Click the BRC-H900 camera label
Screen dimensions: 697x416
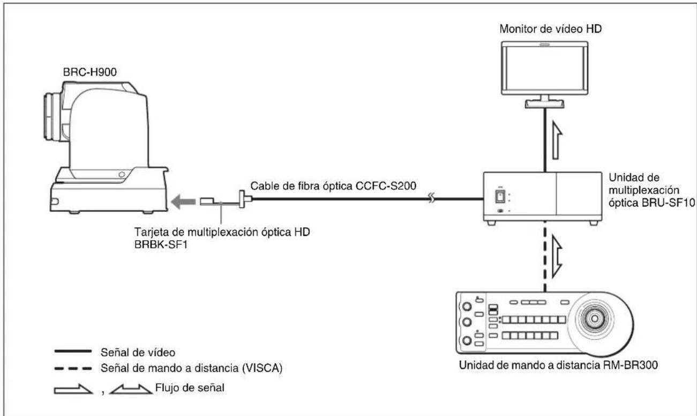coord(89,72)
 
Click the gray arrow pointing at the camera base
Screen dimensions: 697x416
coord(184,202)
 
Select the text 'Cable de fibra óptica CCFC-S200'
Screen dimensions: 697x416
coord(333,186)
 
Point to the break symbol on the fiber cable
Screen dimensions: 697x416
coord(431,198)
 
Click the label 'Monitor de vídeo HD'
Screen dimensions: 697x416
coord(550,29)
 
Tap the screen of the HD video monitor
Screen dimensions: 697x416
coord(544,69)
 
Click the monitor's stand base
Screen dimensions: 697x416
coord(544,104)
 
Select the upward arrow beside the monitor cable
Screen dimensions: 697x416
coord(557,140)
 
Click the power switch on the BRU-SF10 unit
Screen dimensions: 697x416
coord(500,196)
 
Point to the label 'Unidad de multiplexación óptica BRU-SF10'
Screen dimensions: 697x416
coord(651,190)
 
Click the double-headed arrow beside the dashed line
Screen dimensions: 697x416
coord(557,256)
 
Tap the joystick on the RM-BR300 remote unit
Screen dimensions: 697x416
coord(595,318)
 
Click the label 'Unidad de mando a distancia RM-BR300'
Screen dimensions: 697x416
coord(559,365)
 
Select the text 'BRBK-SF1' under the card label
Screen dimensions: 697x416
coord(161,245)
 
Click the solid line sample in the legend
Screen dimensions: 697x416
coord(73,351)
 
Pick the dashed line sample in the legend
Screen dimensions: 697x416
coord(73,369)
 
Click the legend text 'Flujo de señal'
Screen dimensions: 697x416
coord(190,388)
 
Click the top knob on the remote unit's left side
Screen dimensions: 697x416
coord(467,307)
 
